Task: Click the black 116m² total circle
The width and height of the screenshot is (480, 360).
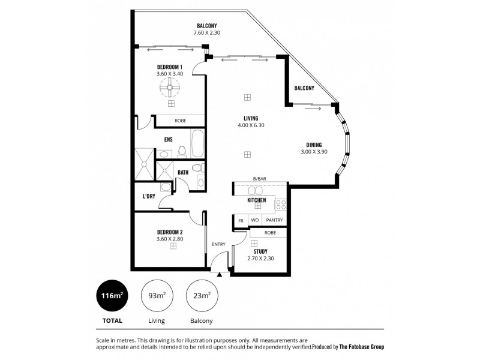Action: coord(112,295)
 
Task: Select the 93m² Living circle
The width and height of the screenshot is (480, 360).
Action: coord(157,295)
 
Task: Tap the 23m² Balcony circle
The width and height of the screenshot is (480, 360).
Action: coord(202,295)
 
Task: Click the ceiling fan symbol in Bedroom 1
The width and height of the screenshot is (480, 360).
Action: coord(170,89)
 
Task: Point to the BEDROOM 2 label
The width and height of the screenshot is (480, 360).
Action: coord(170,232)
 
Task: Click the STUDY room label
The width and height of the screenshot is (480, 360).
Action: coord(260,251)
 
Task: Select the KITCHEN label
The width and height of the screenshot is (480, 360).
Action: coord(256,200)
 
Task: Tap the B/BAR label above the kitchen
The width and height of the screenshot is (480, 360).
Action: coord(259,179)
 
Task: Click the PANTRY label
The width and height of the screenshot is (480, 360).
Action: coord(274,220)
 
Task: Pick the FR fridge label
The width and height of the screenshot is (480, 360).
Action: coord(241,220)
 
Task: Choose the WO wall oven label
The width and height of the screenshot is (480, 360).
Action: coord(254,220)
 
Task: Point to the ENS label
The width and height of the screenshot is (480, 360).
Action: coord(169,140)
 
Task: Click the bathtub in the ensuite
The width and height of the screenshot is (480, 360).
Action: coord(197,145)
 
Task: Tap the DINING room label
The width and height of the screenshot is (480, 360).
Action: coord(314,145)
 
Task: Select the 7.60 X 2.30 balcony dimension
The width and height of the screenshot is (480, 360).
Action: coord(207,33)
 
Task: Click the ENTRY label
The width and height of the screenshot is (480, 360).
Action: coord(218,244)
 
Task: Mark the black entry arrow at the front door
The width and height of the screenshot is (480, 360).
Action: coord(220,274)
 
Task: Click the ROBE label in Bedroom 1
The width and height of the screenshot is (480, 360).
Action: coord(180,121)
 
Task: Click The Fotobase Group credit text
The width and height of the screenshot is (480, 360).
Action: coord(362,347)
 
